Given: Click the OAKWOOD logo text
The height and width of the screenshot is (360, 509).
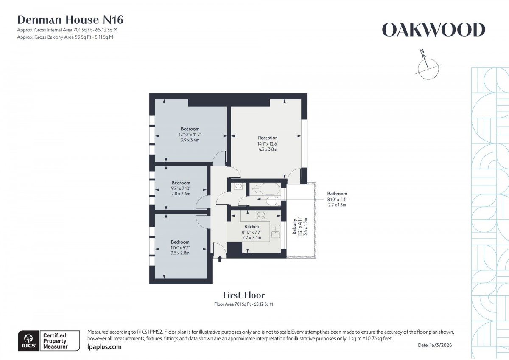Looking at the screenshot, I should [433, 30].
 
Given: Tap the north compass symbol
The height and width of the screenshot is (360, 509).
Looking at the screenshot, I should [428, 66].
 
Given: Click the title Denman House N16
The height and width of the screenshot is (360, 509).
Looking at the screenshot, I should [70, 20].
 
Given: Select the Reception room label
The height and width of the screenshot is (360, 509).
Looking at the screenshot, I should [268, 138].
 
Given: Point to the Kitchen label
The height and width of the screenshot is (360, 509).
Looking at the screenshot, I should [252, 227].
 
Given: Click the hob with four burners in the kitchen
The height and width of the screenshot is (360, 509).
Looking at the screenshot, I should [260, 216].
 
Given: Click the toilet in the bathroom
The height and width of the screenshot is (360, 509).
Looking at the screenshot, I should [271, 201].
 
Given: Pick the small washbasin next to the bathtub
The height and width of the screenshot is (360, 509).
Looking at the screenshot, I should [238, 186].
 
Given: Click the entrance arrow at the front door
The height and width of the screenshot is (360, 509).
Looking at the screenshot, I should [220, 258].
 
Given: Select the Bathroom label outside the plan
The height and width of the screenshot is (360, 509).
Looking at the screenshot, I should [337, 194].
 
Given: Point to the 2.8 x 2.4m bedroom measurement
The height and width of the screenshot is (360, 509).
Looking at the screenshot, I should [180, 194].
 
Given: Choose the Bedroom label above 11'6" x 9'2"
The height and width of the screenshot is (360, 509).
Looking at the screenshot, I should [180, 242].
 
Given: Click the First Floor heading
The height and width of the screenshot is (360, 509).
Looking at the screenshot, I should [244, 295].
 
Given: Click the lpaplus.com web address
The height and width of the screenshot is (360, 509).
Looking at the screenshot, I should [104, 347].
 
